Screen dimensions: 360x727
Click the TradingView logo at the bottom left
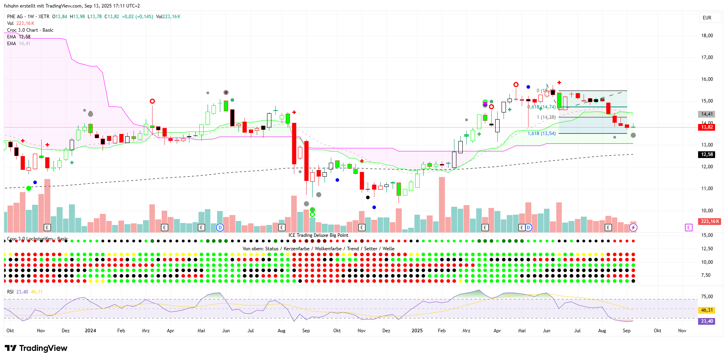[36, 348]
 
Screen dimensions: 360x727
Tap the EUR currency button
[707, 18]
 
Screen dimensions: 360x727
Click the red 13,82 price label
[707, 127]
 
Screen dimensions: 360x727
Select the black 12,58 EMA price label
[707, 154]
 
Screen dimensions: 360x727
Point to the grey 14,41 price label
[707, 114]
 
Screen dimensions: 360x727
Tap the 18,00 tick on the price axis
[707, 36]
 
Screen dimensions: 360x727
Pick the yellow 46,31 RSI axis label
[707, 310]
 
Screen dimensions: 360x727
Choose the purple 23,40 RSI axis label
[707, 321]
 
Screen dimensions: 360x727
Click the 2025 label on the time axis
[417, 331]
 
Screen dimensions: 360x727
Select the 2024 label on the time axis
[90, 331]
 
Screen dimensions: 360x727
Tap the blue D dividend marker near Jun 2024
[220, 227]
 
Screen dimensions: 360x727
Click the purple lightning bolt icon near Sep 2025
[633, 227]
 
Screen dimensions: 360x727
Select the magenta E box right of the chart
[689, 227]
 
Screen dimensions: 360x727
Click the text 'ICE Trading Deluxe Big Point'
[318, 235]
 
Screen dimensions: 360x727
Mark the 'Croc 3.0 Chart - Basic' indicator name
[30, 30]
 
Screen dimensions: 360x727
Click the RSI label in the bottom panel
[10, 292]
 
